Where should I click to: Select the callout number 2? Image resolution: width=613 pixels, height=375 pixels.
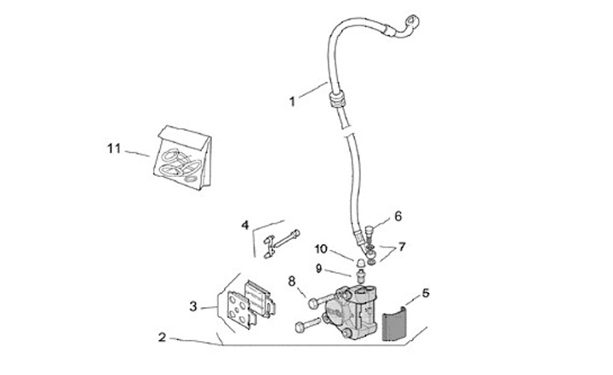click(162, 337)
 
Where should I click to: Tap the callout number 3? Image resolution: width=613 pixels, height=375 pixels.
click(194, 306)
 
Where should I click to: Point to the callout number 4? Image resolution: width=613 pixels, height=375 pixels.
click(245, 226)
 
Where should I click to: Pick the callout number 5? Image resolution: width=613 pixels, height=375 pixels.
click(426, 293)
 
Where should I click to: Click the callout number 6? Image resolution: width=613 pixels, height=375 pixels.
click(398, 216)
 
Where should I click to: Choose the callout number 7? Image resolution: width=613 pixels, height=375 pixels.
click(402, 247)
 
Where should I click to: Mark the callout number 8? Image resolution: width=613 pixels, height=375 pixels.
click(291, 281)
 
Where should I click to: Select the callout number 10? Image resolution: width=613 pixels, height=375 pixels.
click(321, 249)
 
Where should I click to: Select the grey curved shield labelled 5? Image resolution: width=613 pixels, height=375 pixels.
click(393, 325)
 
